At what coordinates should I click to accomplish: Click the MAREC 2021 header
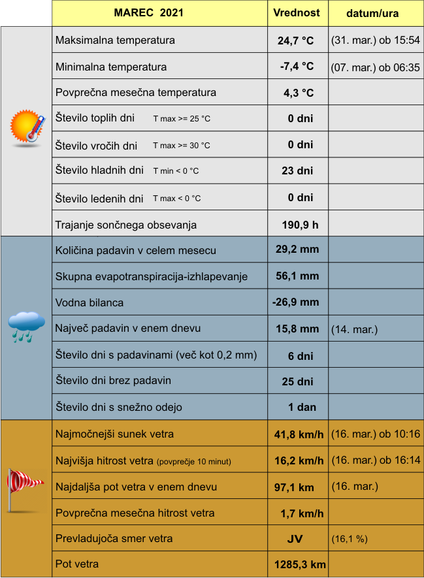tap(148, 13)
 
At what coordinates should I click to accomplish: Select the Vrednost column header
tap(297, 13)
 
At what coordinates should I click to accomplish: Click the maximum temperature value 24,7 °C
tap(296, 40)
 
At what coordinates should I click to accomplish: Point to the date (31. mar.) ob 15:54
tap(376, 40)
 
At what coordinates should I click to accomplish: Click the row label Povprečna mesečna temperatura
tap(136, 93)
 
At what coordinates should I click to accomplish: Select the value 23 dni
tap(297, 171)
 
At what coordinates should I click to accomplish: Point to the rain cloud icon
tap(26, 326)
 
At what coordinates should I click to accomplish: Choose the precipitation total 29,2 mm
tap(297, 249)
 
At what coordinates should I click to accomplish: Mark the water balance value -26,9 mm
tap(296, 302)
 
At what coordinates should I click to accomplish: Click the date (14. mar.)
tap(354, 329)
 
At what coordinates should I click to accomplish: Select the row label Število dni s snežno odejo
tap(119, 408)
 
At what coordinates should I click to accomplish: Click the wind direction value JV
tap(295, 539)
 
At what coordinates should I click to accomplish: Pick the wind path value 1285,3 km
tap(301, 564)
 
